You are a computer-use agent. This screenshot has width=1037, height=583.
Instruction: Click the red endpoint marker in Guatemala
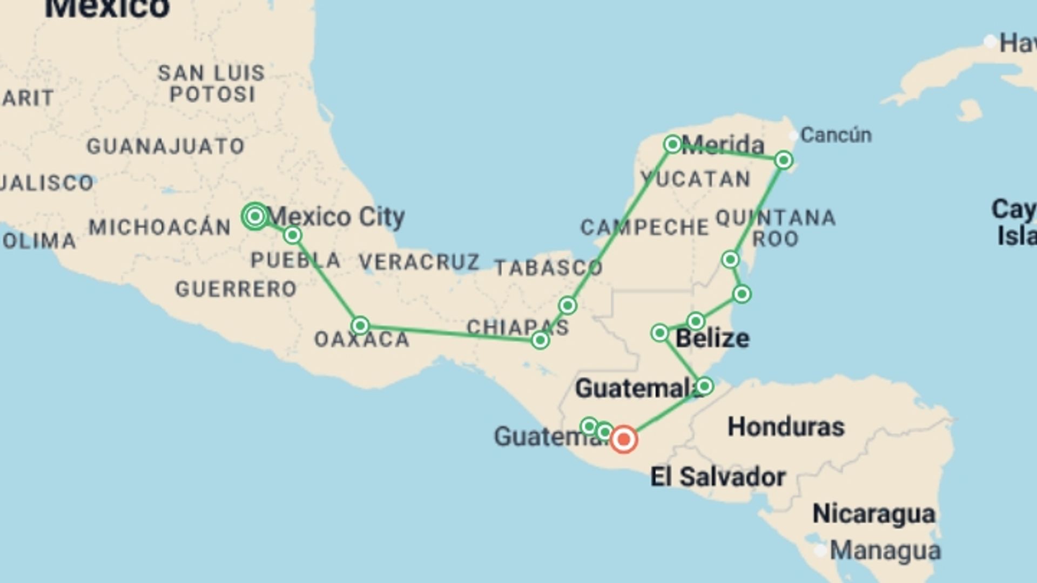624,439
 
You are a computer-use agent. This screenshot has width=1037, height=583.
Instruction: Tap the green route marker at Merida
672,144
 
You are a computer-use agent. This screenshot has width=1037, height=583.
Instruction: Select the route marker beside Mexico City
255,216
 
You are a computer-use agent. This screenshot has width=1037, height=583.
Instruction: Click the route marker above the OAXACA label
360,326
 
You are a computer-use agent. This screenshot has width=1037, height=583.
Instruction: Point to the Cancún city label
836,135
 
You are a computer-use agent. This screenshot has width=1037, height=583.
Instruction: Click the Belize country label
712,338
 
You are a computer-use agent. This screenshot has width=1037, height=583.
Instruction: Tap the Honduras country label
786,427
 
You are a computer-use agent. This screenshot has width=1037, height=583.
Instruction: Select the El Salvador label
718,477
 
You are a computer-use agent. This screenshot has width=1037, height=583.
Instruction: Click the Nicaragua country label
873,513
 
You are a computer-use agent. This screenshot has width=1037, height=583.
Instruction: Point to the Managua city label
885,551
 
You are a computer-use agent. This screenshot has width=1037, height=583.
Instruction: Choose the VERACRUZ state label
419,262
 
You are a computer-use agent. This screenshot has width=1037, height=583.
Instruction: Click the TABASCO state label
548,267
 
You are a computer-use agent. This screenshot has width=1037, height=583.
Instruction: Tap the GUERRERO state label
236,289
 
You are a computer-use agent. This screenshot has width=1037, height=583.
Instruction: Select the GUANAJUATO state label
166,146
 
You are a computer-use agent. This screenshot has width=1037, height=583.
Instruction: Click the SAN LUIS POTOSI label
211,84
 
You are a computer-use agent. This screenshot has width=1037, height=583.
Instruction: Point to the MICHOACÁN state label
160,227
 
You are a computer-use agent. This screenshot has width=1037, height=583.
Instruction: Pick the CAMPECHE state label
644,227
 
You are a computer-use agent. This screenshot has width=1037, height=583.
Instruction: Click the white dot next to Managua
820,551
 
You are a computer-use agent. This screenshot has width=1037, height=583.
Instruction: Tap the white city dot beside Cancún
793,135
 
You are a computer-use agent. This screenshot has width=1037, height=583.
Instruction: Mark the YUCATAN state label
696,179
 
